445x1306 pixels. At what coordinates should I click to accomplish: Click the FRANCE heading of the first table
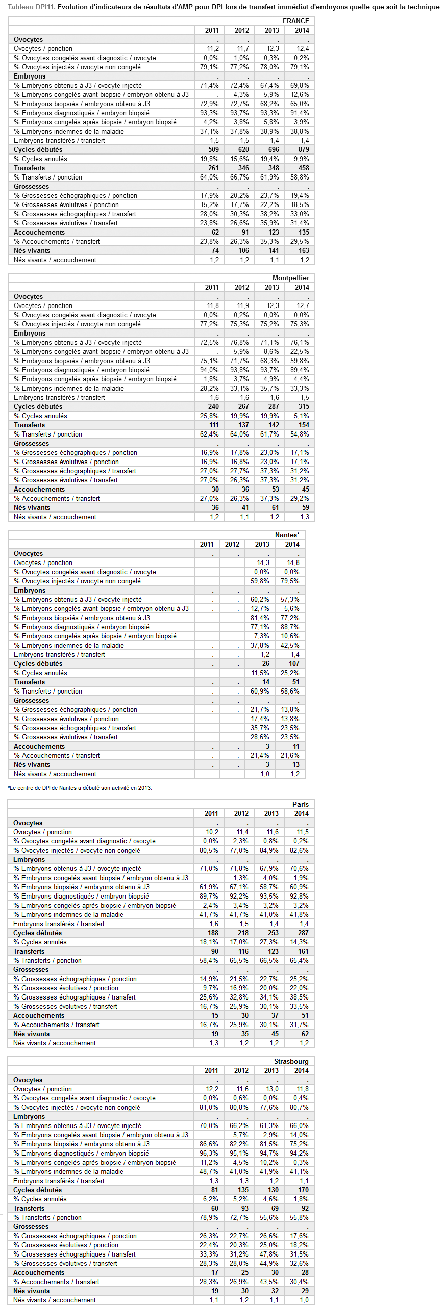click(295, 21)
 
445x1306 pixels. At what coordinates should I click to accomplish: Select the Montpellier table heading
click(290, 278)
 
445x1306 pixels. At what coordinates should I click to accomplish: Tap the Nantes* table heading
click(287, 535)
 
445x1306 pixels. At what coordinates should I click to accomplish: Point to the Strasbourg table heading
click(291, 1061)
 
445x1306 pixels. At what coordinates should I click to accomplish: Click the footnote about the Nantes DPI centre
click(80, 788)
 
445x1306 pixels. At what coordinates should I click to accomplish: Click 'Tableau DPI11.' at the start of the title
click(31, 7)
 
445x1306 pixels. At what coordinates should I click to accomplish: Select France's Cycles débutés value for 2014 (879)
click(304, 149)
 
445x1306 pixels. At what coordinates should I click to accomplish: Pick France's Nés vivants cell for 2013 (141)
click(274, 250)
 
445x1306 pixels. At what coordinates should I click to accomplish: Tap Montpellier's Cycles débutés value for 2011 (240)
click(213, 406)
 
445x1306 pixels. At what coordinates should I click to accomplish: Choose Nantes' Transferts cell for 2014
click(295, 682)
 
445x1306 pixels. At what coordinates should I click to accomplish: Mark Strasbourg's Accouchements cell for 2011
click(214, 1272)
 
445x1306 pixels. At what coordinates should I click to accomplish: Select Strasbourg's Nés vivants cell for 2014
click(305, 1291)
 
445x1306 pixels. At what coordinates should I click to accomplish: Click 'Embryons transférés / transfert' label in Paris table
click(59, 924)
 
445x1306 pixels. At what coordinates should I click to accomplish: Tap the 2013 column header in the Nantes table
click(262, 544)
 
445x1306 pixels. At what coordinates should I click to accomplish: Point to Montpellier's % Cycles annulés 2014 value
click(302, 416)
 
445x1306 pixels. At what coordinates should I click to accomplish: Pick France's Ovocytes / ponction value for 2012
click(243, 48)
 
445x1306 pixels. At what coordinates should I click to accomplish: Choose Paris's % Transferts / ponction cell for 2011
click(209, 960)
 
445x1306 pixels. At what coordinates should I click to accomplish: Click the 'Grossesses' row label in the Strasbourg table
click(31, 1226)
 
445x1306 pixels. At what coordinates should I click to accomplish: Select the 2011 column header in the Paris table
click(211, 813)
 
